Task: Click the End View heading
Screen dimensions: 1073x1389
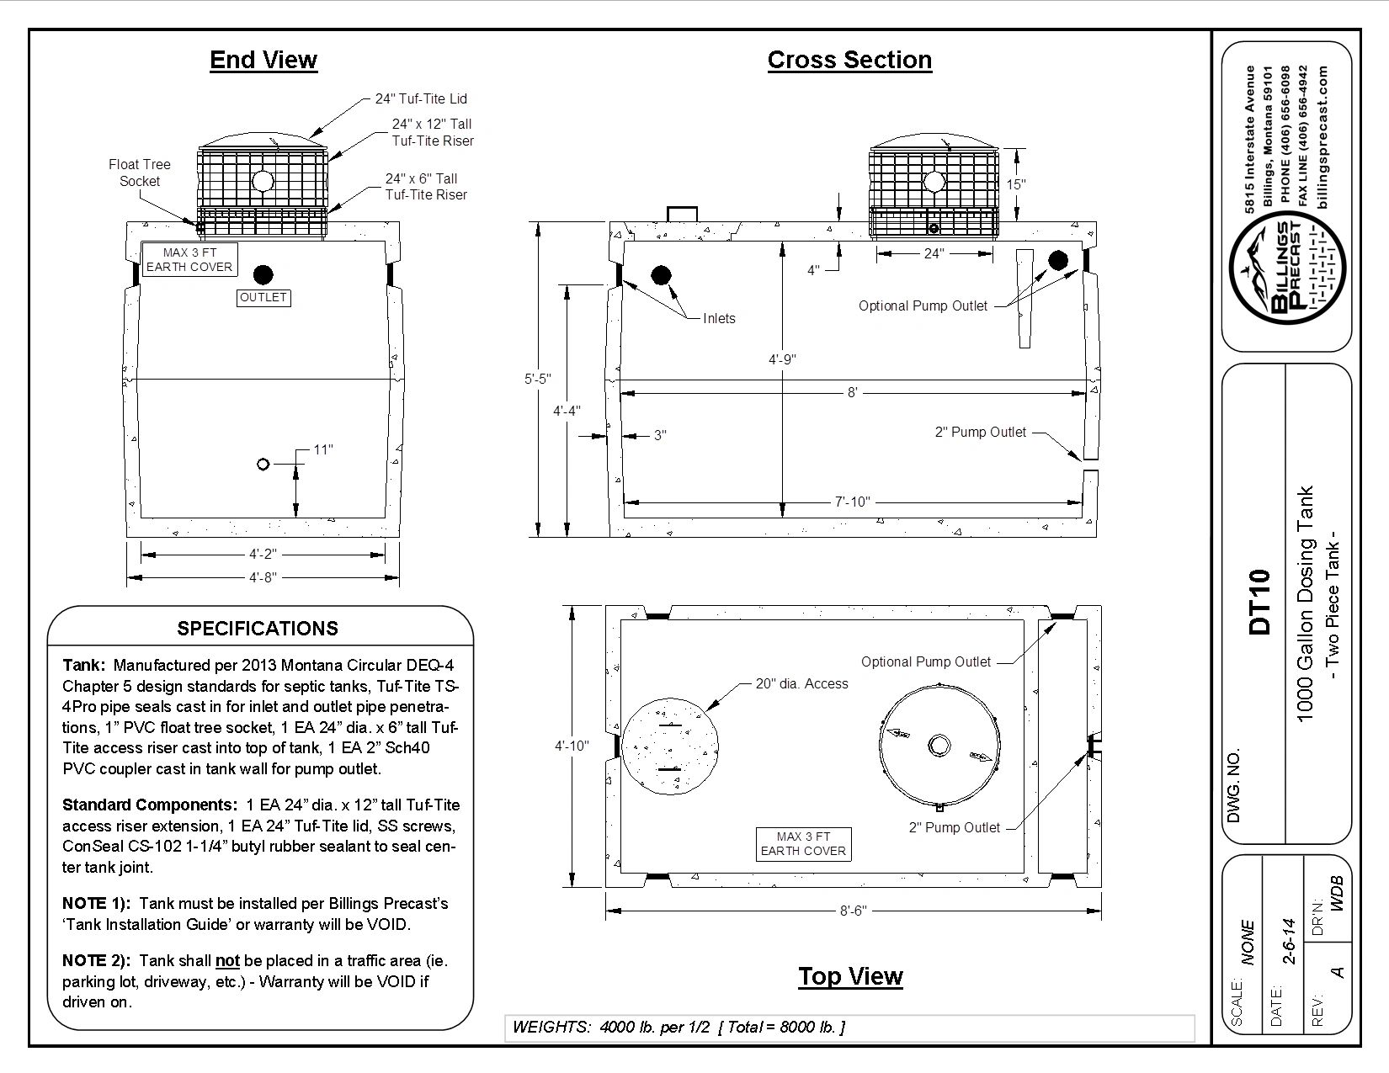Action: (x=263, y=60)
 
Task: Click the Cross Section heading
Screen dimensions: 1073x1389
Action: (x=849, y=60)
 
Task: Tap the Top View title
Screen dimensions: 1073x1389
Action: (x=850, y=976)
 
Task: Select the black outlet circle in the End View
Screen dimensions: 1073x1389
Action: (x=264, y=274)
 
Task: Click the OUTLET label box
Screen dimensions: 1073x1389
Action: (x=263, y=297)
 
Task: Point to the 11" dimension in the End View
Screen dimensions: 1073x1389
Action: (x=323, y=449)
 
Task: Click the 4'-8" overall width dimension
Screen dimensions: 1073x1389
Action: (x=263, y=577)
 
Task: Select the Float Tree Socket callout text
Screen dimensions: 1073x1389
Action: (x=139, y=173)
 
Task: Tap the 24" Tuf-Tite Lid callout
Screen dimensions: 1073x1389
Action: (x=421, y=98)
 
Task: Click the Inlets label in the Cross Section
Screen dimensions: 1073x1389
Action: (x=719, y=318)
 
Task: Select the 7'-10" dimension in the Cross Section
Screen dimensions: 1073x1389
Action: (x=852, y=502)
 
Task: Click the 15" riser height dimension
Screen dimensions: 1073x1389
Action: (x=1016, y=183)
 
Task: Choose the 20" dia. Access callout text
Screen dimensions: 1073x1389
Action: (x=801, y=683)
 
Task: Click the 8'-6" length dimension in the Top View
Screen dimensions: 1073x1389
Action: (x=852, y=911)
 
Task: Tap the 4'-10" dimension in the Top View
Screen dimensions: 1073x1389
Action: (x=572, y=746)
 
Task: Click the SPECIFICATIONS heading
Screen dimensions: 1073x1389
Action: (x=258, y=629)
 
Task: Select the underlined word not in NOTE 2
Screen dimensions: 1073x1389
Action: (x=227, y=960)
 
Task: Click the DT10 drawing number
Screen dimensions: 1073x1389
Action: (x=1259, y=602)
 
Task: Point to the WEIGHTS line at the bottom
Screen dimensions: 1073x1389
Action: (x=679, y=1027)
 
